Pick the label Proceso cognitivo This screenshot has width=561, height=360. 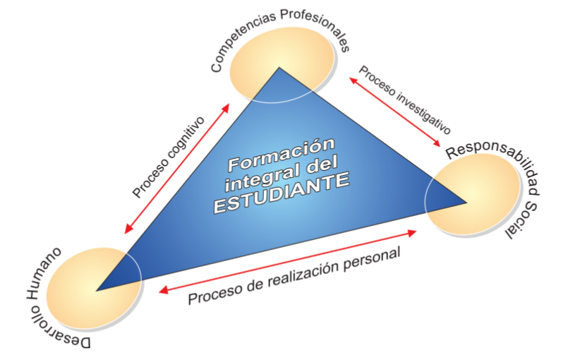(x=168, y=156)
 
